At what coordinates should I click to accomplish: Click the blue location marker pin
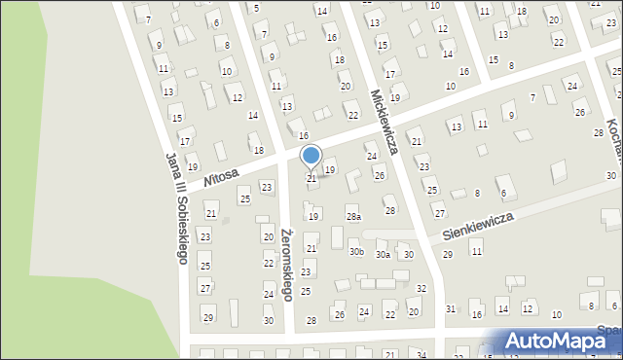311,156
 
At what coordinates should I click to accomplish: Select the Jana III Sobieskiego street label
176,207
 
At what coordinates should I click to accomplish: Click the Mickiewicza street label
385,116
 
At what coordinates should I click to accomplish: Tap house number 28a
353,217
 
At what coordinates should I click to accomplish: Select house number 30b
356,252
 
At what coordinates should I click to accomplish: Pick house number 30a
383,255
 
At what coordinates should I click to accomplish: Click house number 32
421,289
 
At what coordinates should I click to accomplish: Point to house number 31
451,308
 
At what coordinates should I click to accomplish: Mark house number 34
421,354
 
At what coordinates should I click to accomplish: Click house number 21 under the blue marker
311,178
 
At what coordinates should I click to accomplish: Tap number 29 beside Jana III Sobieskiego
207,318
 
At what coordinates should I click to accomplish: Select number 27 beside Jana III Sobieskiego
204,288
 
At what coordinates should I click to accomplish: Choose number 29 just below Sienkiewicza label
448,254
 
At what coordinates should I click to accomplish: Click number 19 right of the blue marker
330,169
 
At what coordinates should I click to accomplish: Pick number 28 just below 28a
390,210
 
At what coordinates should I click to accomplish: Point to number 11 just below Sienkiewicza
476,252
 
